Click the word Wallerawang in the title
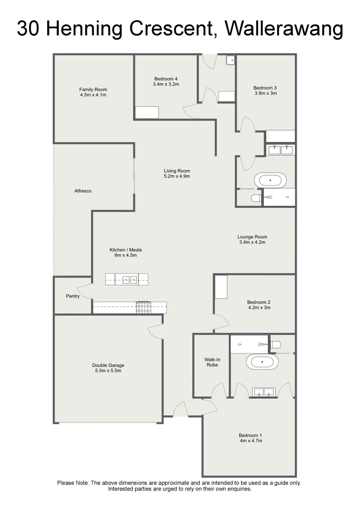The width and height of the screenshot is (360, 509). (284, 29)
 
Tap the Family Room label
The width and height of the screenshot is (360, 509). (93, 90)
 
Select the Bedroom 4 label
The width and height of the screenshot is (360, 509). (166, 79)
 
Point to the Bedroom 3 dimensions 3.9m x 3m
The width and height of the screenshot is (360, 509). (265, 93)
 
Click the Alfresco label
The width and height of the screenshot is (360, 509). (82, 191)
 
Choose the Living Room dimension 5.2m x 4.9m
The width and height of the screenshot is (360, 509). (177, 176)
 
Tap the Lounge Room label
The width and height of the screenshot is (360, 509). (252, 237)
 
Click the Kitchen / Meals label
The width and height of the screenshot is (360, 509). (125, 250)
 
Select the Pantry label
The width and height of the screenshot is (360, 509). (73, 296)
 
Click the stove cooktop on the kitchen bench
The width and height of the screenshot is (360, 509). (144, 308)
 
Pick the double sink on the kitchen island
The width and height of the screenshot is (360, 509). (130, 279)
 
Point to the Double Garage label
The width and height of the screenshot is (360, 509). (108, 365)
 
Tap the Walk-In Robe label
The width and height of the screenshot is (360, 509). (212, 362)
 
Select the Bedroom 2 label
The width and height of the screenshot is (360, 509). (258, 302)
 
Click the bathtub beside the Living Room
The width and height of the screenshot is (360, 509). (270, 181)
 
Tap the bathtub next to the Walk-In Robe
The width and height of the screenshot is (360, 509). (262, 362)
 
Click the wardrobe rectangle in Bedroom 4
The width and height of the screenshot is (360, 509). (147, 112)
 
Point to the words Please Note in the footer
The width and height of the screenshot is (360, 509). (73, 483)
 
